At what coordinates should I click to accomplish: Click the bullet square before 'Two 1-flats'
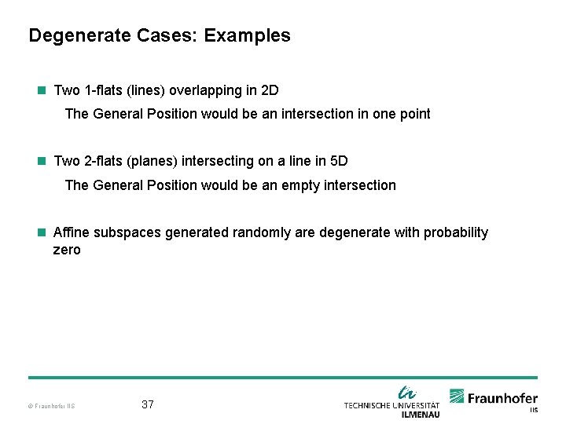42,90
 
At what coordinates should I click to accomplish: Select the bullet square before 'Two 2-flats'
42,161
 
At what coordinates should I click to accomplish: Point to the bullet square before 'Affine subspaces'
42,232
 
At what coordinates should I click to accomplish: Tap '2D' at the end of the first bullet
269,90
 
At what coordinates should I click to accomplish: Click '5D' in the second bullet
338,161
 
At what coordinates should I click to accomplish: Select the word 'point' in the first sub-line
413,114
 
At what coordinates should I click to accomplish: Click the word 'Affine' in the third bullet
70,232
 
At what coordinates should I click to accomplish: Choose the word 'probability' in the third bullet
456,232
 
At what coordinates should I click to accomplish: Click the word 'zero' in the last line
67,250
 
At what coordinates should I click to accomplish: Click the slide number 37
148,404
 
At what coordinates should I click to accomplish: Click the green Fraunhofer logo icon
458,397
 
